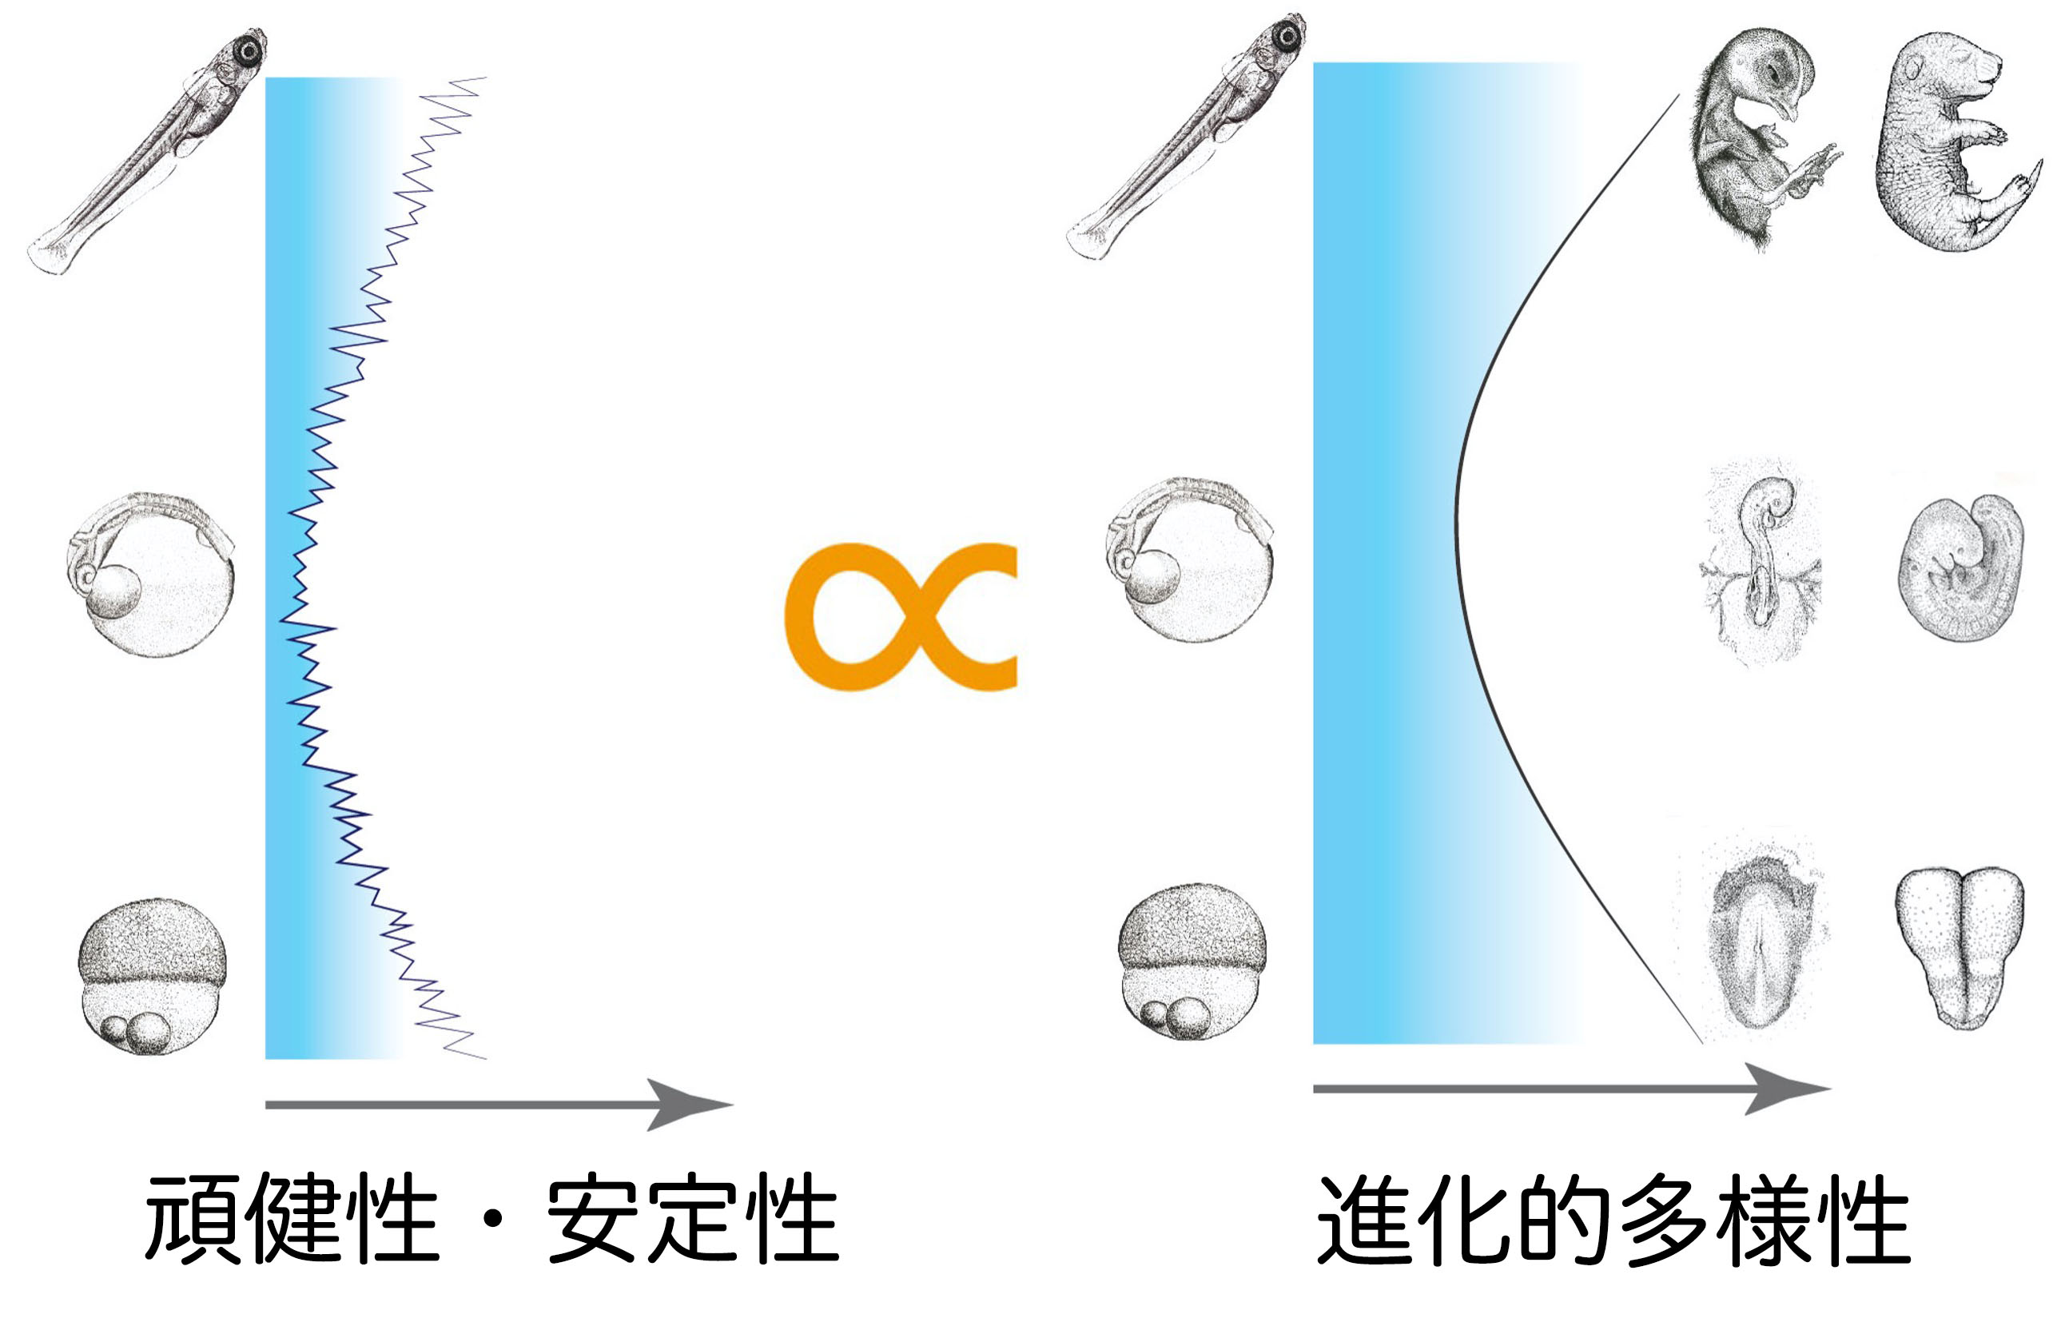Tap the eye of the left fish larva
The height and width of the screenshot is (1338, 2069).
[x=249, y=51]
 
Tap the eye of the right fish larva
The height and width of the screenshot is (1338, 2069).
[x=1287, y=34]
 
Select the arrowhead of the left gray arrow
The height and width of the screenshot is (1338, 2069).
[x=686, y=1105]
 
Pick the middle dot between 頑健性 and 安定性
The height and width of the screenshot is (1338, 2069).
[x=493, y=1220]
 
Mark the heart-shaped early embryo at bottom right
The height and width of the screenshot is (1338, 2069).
[x=1960, y=942]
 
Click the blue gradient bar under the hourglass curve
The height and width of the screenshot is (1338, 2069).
[x=1390, y=556]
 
